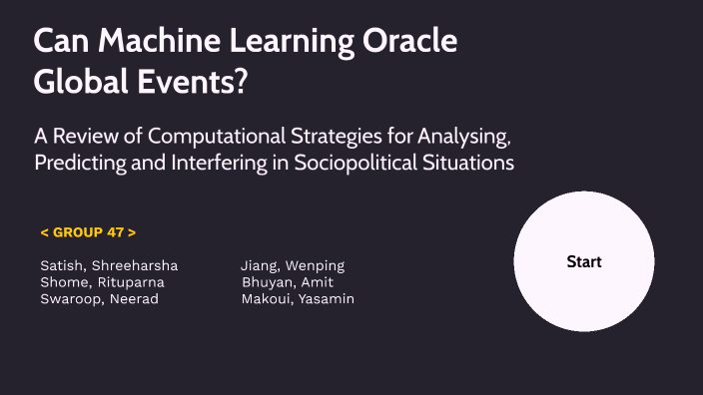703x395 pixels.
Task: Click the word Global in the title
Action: [x=76, y=84]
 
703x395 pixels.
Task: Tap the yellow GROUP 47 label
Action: [x=88, y=232]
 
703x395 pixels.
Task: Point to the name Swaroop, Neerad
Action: [x=99, y=299]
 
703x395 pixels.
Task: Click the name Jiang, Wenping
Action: [x=292, y=265]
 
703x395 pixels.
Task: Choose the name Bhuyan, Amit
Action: [x=287, y=282]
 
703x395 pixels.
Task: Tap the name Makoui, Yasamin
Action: [x=298, y=299]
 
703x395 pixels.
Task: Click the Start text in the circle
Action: [x=584, y=262]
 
